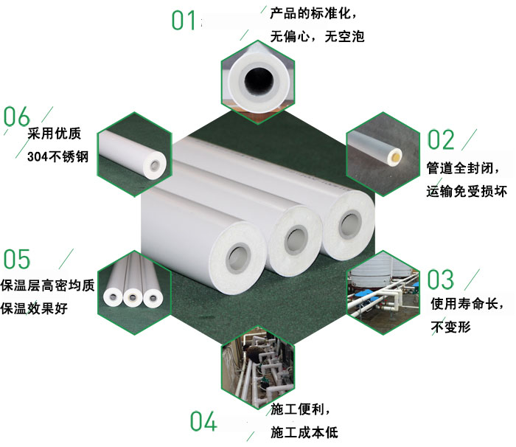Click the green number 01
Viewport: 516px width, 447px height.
184,20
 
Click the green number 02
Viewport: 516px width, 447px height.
442,139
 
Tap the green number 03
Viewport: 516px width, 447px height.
442,280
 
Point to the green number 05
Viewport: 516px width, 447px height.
17,260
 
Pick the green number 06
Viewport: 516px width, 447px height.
17,117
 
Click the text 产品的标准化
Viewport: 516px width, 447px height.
307,14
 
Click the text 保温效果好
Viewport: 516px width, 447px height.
35,308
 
